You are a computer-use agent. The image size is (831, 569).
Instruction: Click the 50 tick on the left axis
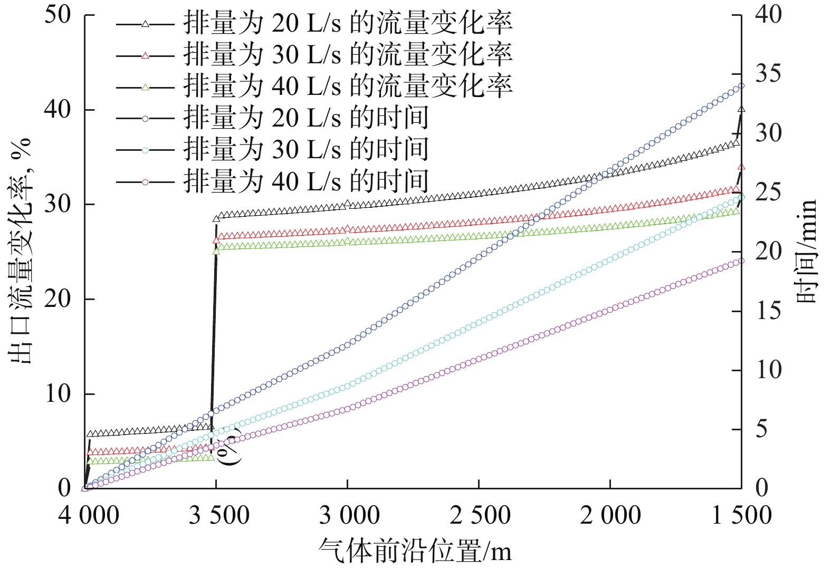coord(58,15)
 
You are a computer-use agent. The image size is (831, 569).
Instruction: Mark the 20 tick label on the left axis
coord(58,299)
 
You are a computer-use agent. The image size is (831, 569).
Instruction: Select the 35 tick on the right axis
coord(768,74)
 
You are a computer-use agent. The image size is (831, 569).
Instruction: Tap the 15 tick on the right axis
coord(768,311)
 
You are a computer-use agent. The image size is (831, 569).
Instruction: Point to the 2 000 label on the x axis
coord(610,515)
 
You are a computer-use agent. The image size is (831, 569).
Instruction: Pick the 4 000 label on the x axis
coord(89,515)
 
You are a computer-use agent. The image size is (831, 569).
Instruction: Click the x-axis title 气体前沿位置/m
coord(415,551)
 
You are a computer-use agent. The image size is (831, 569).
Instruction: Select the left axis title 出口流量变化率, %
coord(21,251)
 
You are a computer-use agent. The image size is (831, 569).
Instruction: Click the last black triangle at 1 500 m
coord(741,110)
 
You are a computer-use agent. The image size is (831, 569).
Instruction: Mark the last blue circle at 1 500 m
coord(741,85)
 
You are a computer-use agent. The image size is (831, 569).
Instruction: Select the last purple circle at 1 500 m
coord(741,261)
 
